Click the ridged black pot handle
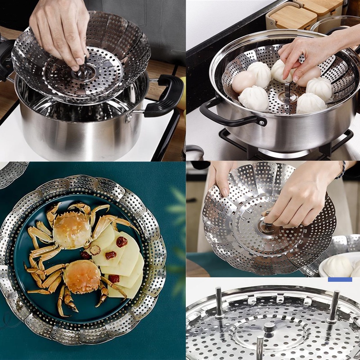pyautogui.click(x=165, y=95)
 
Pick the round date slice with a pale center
pyautogui.click(x=95, y=249)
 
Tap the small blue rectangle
pyautogui.click(x=340, y=279)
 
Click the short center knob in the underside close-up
pyautogui.click(x=269, y=328)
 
